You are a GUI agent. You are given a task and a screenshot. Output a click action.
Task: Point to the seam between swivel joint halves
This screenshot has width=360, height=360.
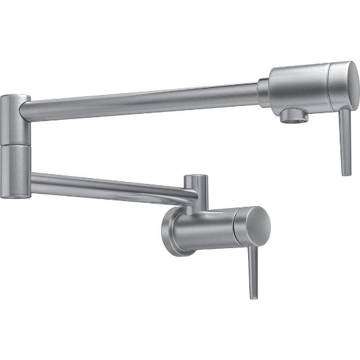tap(14, 145)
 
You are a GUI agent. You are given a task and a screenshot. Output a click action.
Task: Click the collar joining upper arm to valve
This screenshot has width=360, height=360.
tap(263, 92)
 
